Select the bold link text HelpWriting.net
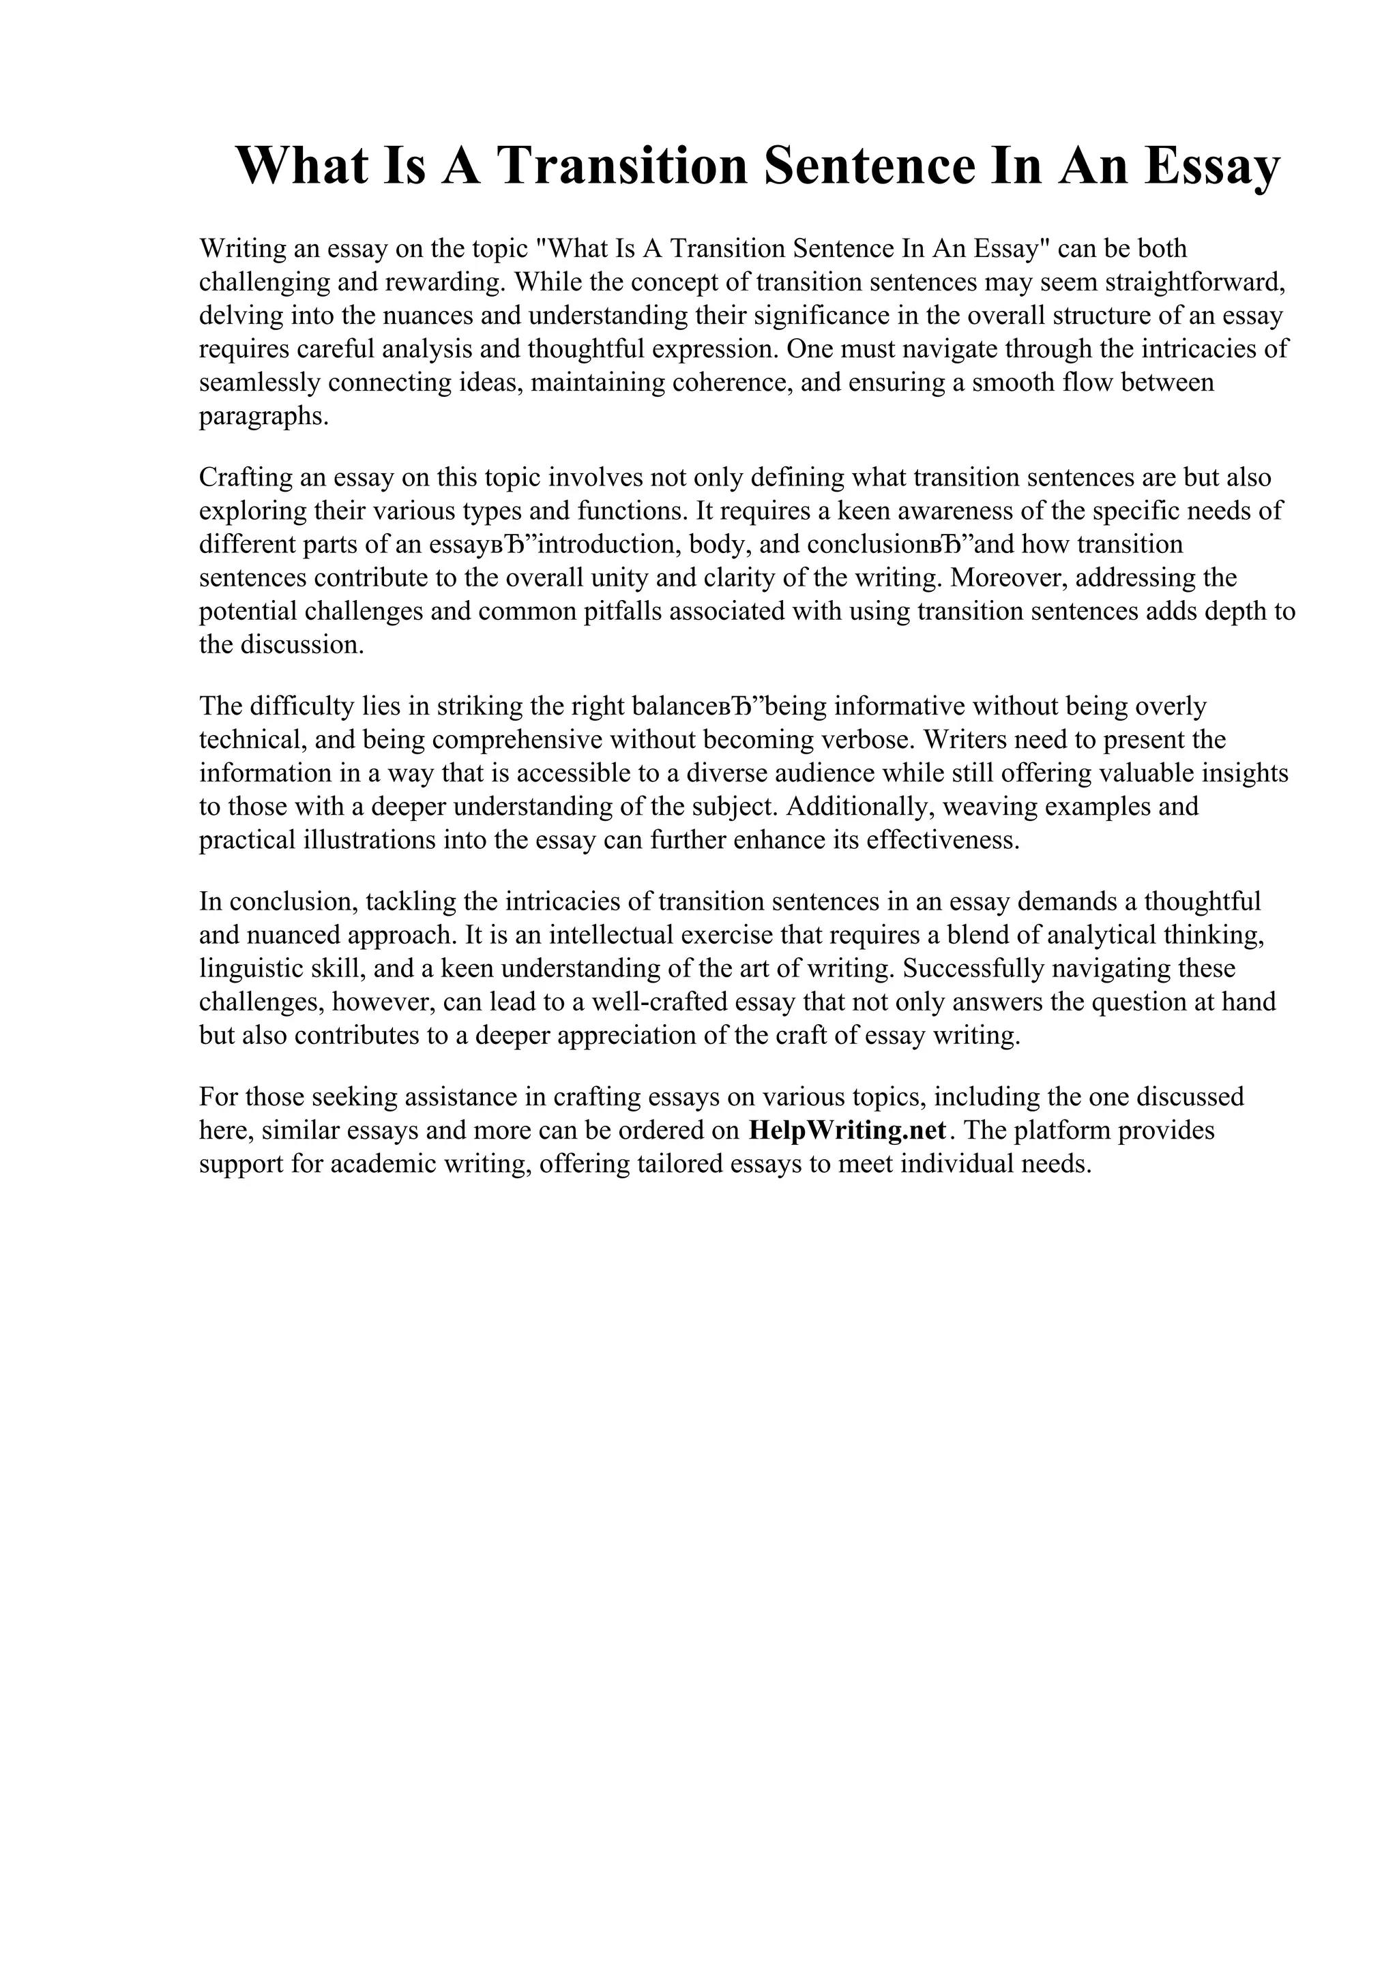click(x=848, y=1130)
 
